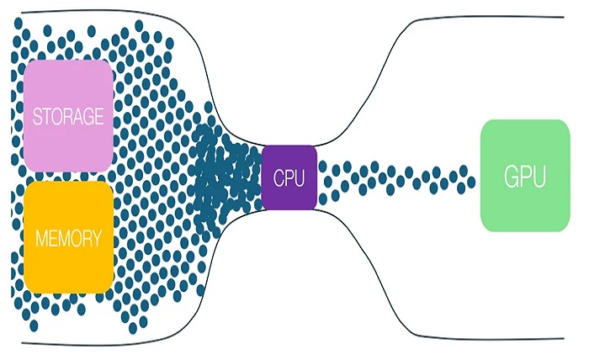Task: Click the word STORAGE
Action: click(68, 117)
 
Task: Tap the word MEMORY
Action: click(68, 238)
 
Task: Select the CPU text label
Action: click(289, 178)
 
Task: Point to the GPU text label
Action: click(524, 177)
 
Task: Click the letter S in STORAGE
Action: click(37, 117)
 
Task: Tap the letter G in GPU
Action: click(510, 177)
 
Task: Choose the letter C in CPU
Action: click(279, 178)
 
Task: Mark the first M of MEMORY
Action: click(40, 238)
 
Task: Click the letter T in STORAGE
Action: click(47, 117)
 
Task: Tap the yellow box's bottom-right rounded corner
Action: click(109, 289)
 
